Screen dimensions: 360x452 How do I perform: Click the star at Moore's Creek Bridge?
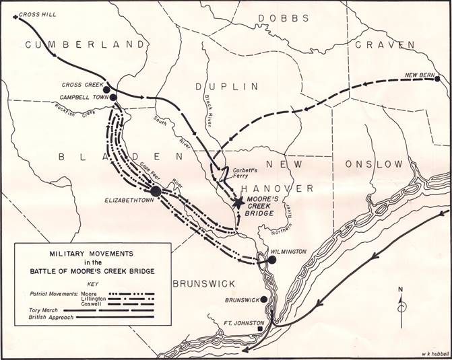(x=238, y=201)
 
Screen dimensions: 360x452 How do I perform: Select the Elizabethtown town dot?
(x=156, y=191)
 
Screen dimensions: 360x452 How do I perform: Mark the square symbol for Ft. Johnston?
(x=269, y=329)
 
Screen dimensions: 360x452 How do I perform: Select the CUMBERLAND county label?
(x=85, y=44)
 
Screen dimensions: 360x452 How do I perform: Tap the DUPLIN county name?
(x=226, y=87)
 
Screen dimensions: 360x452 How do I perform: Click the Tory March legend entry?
(x=40, y=310)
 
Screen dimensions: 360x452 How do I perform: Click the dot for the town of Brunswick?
(x=263, y=299)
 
